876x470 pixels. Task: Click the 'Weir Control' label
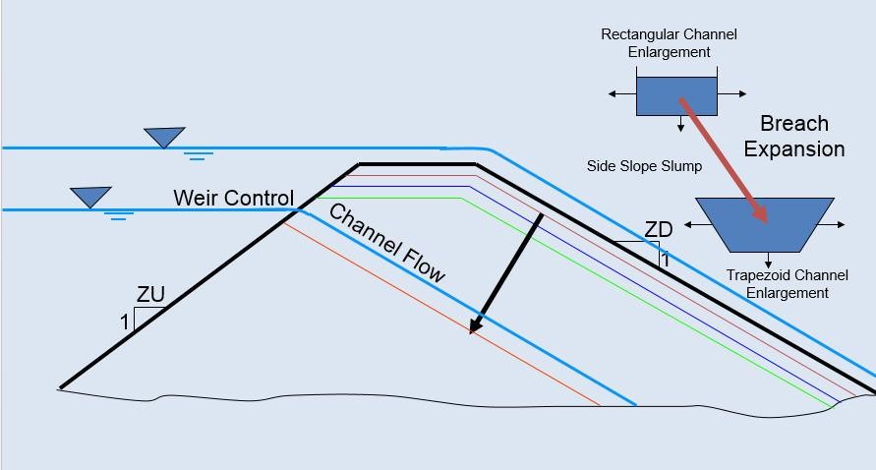click(x=233, y=198)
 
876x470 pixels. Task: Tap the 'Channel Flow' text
click(x=386, y=243)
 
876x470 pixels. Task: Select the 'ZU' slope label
click(x=150, y=295)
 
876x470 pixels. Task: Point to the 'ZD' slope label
click(x=658, y=230)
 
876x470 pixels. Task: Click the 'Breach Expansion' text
click(x=794, y=137)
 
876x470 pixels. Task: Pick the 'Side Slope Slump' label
click(x=644, y=166)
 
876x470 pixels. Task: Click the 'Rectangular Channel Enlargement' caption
click(x=669, y=43)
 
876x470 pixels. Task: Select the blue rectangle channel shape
click(x=676, y=95)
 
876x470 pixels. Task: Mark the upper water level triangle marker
click(x=164, y=137)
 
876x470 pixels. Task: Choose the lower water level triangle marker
click(x=90, y=197)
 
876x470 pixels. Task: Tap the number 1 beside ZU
click(x=124, y=322)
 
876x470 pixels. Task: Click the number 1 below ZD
click(x=665, y=260)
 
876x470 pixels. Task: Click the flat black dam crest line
click(x=418, y=164)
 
